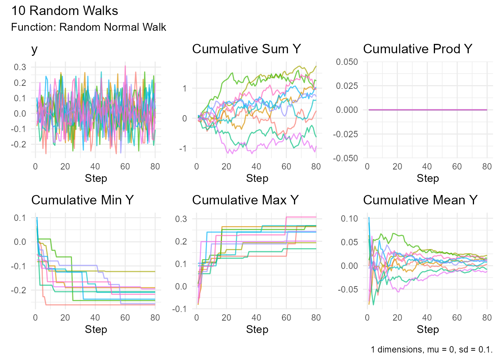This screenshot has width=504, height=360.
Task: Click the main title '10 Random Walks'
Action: (x=64, y=10)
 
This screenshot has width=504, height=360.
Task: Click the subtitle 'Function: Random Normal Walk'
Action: (x=88, y=27)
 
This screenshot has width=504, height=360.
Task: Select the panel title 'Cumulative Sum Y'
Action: (x=246, y=49)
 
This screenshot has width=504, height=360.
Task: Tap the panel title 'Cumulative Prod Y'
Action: (x=417, y=49)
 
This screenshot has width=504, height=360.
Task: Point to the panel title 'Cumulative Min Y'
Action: (x=82, y=200)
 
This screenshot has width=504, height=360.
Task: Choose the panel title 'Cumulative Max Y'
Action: (x=245, y=200)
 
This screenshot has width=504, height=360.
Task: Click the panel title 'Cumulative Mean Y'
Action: (x=420, y=200)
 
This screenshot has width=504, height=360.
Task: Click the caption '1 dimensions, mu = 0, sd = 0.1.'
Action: (x=431, y=349)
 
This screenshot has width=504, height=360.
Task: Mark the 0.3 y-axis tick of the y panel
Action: (x=20, y=67)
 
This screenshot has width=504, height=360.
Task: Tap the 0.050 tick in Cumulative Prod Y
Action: (x=347, y=62)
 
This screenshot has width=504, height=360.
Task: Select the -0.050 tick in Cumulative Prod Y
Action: (x=345, y=158)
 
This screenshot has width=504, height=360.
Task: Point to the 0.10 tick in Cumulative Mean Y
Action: (x=349, y=219)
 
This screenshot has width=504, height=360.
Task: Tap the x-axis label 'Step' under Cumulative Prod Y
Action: (x=427, y=178)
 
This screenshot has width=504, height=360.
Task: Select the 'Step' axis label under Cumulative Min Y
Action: (x=96, y=330)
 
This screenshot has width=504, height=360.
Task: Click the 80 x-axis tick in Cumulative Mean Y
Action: (x=487, y=318)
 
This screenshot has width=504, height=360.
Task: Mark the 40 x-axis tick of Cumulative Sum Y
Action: (x=256, y=166)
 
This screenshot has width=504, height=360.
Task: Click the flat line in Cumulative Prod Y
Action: (x=427, y=110)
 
